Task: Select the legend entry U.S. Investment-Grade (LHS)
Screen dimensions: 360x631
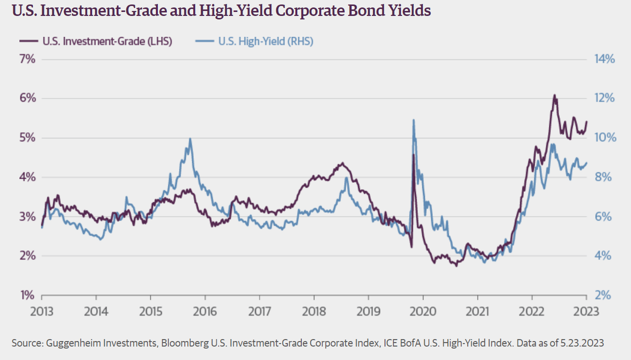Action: [108, 41]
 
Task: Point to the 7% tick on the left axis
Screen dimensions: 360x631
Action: [29, 59]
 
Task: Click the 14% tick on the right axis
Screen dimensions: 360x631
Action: [605, 59]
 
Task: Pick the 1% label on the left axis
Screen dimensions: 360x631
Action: [29, 295]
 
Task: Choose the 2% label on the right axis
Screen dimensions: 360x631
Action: [603, 295]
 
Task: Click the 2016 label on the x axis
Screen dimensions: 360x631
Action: [205, 312]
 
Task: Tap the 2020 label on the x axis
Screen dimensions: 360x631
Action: [423, 312]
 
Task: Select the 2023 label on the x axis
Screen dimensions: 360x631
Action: [586, 312]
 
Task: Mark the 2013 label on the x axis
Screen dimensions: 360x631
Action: [41, 312]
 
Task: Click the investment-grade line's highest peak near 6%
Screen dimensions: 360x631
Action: [554, 95]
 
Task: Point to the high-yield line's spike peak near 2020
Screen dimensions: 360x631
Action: [413, 120]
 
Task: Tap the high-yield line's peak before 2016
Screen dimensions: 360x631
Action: [190, 139]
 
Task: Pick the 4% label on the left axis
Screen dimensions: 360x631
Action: [29, 177]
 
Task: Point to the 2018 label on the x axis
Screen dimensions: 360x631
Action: [314, 312]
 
